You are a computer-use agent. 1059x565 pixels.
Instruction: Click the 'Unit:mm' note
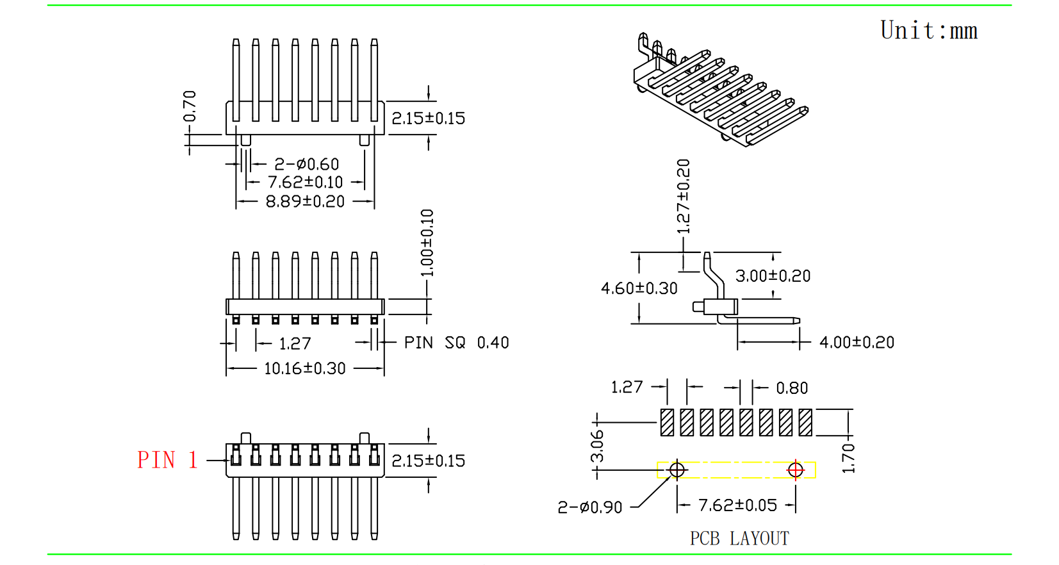(928, 31)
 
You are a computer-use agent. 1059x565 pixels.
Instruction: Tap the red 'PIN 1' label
(167, 460)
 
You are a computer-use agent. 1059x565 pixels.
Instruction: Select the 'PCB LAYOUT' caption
(739, 538)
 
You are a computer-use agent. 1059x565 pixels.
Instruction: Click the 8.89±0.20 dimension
(305, 201)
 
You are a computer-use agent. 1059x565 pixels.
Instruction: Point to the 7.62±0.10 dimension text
(305, 183)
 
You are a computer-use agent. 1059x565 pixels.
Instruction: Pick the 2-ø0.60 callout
(306, 165)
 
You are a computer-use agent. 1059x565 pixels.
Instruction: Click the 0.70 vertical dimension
(190, 106)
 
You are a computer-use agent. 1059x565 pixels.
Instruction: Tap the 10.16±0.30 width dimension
(304, 368)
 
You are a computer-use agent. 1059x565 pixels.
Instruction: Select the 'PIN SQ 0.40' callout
(456, 343)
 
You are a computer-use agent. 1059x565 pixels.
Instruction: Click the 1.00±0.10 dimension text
(427, 243)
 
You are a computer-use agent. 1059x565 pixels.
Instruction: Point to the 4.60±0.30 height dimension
(639, 288)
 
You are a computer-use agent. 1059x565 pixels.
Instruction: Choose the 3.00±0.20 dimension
(773, 276)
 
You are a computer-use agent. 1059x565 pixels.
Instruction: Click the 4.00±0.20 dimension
(857, 342)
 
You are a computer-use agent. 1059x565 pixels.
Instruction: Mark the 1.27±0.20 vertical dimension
(684, 196)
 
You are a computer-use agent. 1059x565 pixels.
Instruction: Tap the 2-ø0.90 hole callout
(589, 507)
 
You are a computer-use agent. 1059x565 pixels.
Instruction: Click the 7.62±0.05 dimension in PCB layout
(737, 505)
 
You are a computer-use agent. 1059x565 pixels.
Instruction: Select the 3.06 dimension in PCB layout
(597, 446)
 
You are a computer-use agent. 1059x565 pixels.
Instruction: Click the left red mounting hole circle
(677, 470)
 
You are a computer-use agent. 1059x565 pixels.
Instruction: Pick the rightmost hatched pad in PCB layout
(805, 422)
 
